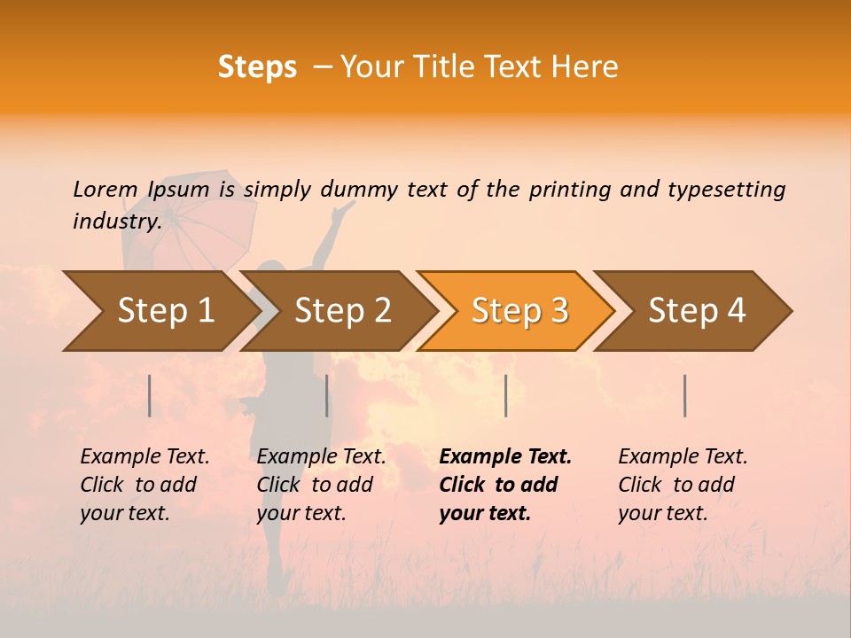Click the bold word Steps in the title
(x=257, y=67)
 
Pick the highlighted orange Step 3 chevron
(x=519, y=311)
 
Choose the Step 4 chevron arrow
(x=697, y=311)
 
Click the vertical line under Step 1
(x=150, y=395)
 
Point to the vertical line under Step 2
(x=327, y=395)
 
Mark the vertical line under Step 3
(x=506, y=395)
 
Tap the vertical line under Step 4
(x=685, y=395)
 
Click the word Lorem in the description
(x=105, y=189)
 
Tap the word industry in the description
(x=116, y=222)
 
